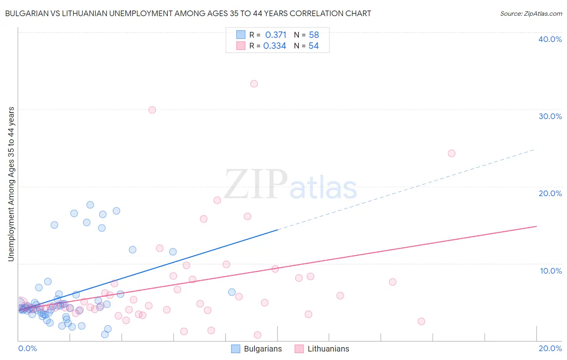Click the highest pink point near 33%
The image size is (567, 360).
[254, 84]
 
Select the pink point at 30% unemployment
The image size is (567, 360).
[152, 110]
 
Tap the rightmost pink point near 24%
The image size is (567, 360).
[452, 153]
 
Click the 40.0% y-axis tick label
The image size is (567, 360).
[550, 39]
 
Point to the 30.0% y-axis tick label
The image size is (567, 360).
[550, 116]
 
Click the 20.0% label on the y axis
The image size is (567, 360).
[550, 193]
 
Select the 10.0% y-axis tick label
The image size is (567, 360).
[551, 271]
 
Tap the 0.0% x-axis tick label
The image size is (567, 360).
[27, 348]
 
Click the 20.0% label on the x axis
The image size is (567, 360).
[550, 348]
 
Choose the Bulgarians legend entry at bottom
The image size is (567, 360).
[257, 349]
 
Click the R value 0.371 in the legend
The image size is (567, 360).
[276, 35]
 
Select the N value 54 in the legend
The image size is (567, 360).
[314, 46]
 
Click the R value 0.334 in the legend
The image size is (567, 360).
[275, 46]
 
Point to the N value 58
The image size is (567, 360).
[314, 35]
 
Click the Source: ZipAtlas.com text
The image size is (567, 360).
[531, 14]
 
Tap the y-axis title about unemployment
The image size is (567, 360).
[11, 184]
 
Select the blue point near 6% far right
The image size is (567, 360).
[232, 292]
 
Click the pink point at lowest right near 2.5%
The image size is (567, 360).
[421, 321]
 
